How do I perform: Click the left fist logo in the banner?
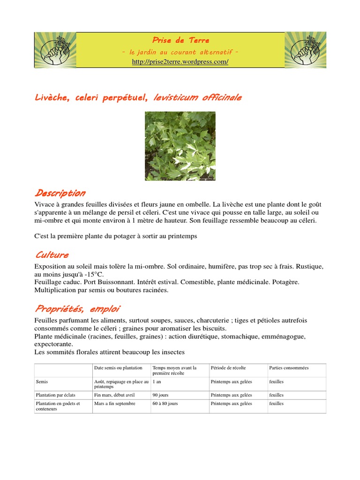[55, 50]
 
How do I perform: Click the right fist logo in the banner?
[305, 50]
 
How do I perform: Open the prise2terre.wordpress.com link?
[180, 62]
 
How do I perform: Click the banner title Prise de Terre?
[180, 40]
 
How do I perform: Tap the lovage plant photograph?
[180, 146]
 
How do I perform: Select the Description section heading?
[60, 193]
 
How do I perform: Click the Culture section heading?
[52, 255]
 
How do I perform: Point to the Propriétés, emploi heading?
[77, 309]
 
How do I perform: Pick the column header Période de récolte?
[228, 368]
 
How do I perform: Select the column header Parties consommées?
[289, 368]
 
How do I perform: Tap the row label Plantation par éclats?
[55, 395]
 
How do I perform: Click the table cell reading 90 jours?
[160, 395]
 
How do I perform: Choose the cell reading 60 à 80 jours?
[165, 404]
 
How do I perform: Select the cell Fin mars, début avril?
[114, 395]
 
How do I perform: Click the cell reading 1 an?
[157, 382]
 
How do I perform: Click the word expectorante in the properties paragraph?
[53, 344]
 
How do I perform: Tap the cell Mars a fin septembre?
[115, 404]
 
